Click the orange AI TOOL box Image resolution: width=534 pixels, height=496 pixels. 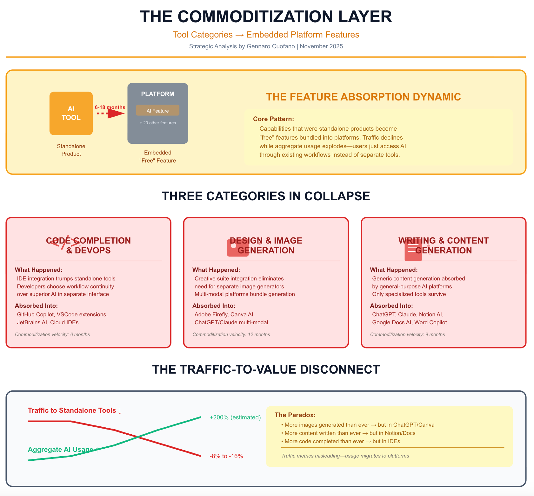pos(71,113)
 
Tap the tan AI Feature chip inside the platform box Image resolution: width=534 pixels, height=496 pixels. pos(158,110)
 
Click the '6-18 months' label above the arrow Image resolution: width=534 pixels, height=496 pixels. pos(110,107)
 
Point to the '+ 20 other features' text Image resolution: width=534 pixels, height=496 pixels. pos(158,123)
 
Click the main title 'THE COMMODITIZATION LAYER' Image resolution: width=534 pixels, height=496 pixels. pos(266,17)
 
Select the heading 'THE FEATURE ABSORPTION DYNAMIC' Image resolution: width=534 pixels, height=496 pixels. pos(363,97)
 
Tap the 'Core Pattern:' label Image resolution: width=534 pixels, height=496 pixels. pos(273,119)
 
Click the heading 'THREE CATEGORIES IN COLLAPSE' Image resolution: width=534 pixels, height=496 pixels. pos(266,196)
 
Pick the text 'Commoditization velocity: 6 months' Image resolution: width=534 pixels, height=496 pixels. pos(52,334)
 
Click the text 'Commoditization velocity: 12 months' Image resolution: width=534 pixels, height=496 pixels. pos(231,334)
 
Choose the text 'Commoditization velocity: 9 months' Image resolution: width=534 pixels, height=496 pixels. pos(407,334)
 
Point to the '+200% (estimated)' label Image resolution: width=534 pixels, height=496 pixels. pos(235,417)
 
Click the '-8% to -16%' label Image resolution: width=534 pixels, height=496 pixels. pos(226,456)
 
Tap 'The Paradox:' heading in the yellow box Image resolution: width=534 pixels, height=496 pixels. pos(295,415)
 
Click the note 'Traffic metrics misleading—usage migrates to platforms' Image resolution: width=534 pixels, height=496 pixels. pos(345,456)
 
